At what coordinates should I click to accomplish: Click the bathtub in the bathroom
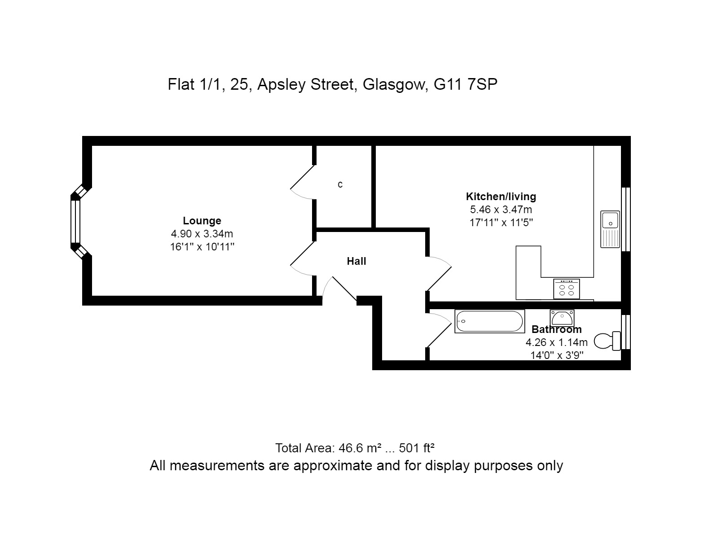489,322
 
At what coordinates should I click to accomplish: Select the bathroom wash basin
562,318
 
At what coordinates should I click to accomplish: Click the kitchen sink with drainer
610,229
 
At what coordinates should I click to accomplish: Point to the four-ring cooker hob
567,289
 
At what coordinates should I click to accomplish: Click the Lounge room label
202,221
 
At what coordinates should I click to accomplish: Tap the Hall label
356,261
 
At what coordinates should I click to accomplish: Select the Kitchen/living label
501,197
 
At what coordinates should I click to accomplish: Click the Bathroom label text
557,330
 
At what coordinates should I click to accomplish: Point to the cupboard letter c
340,184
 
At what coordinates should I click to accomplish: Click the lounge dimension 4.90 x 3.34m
202,234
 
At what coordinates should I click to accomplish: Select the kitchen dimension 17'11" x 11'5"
501,223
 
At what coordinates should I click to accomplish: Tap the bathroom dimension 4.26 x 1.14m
557,342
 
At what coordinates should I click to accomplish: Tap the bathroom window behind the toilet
625,332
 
